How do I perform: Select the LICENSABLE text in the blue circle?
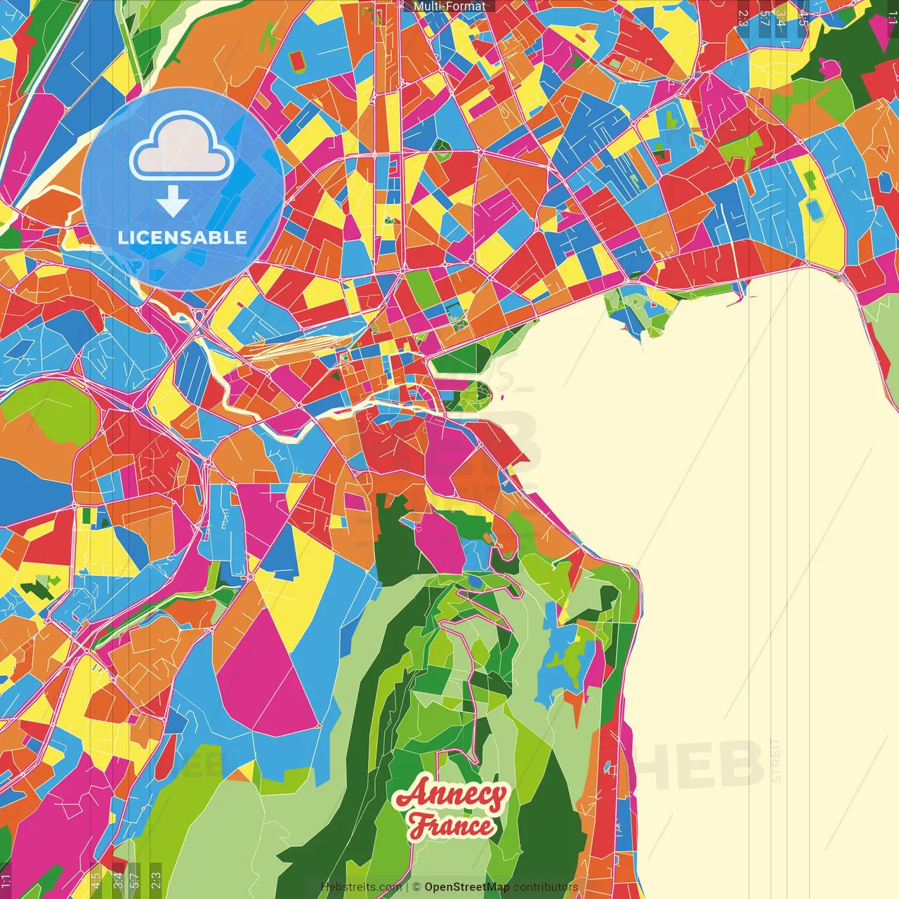(x=182, y=237)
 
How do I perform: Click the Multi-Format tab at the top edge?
(x=449, y=6)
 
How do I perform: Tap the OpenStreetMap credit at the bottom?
(x=466, y=887)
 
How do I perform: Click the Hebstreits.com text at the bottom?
(x=361, y=887)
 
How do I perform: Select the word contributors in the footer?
(x=546, y=887)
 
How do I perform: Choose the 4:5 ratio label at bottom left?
(x=96, y=880)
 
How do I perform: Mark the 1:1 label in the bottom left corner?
(x=6, y=881)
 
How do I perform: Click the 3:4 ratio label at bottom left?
(x=118, y=880)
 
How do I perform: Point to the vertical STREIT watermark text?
(x=775, y=760)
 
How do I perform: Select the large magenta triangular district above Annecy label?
(x=267, y=674)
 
